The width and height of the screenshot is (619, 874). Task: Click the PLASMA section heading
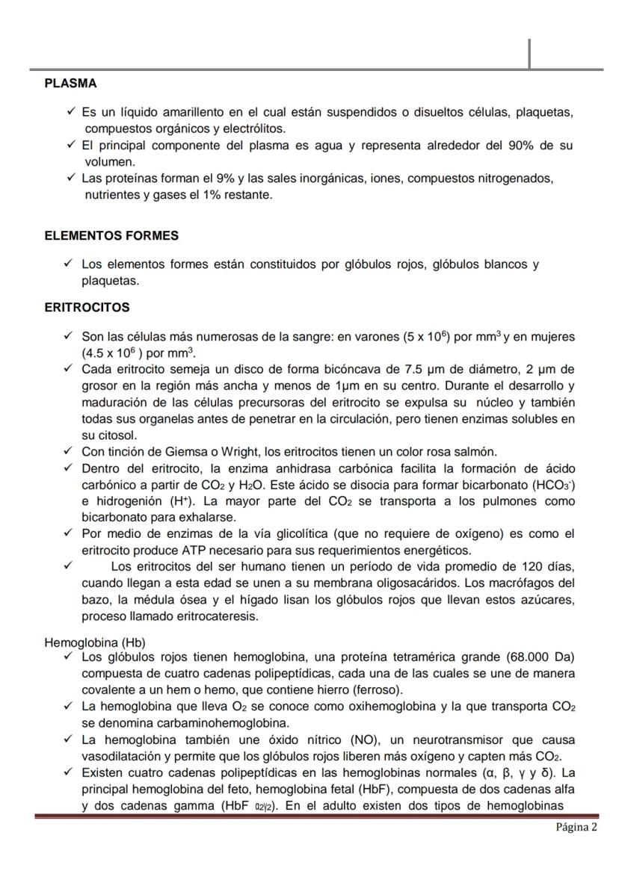(70, 83)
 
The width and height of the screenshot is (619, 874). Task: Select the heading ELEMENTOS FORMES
(111, 235)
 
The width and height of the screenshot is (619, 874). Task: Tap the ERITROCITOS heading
(87, 307)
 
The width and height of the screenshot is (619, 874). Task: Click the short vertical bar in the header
(529, 53)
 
